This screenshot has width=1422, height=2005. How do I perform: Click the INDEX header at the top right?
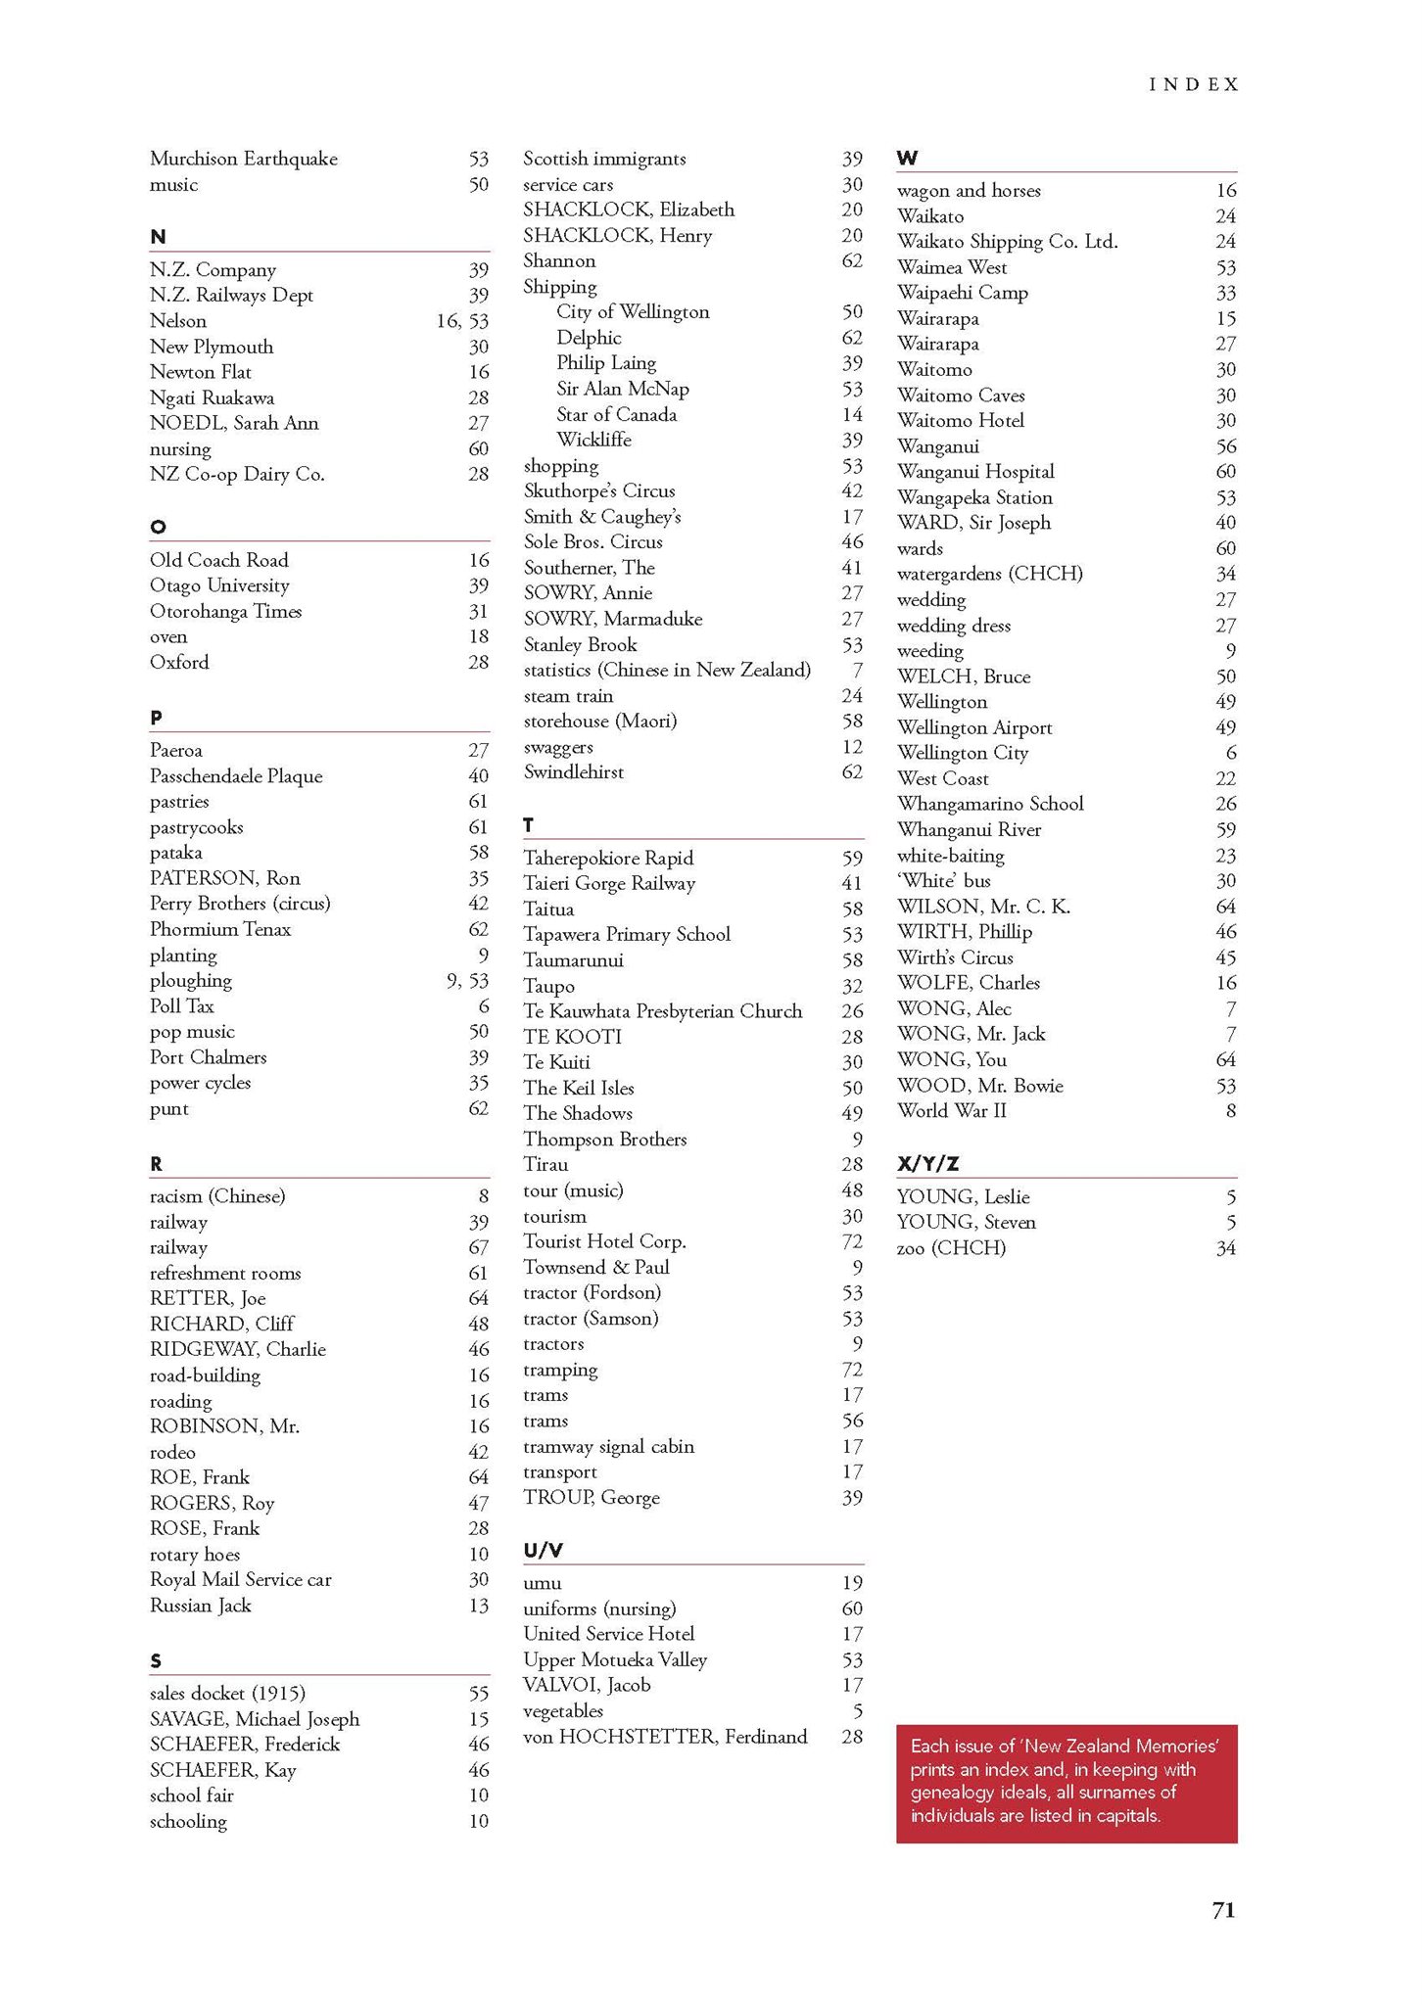[1194, 85]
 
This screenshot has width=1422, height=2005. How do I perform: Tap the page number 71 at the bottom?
[1223, 1910]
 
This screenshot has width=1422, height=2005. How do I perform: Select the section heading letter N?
[158, 237]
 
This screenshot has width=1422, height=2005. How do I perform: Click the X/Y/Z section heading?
[927, 1164]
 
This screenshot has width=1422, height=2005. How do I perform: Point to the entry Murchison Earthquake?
[244, 159]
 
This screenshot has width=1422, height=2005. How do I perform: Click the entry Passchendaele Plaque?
[236, 776]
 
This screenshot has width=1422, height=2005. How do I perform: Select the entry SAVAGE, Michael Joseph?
[255, 1719]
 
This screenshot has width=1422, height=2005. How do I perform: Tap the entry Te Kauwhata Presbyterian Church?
[663, 1011]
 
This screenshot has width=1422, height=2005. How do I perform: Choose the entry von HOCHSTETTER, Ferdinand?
[666, 1737]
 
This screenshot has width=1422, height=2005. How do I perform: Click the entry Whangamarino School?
[990, 804]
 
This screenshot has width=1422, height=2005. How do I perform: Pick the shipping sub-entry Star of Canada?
[616, 414]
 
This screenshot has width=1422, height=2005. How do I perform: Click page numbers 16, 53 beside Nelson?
[462, 321]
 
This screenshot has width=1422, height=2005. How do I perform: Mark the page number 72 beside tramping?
[852, 1370]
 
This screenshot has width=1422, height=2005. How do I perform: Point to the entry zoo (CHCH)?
[951, 1248]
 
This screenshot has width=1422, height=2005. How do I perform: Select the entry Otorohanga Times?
[226, 611]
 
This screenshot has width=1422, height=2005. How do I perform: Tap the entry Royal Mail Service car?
[241, 1579]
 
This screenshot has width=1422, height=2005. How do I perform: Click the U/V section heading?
[544, 1551]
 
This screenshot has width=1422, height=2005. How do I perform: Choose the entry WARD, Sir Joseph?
[973, 523]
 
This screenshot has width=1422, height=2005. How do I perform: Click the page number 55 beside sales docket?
[478, 1694]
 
